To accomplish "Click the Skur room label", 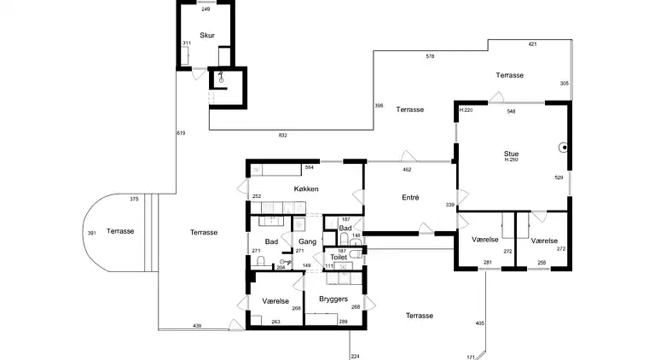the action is click(207, 36).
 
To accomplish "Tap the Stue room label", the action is click(512, 154).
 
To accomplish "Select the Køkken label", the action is click(306, 189).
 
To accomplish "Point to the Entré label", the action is click(410, 198).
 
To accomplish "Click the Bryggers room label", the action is click(333, 299).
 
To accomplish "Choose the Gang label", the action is click(307, 241).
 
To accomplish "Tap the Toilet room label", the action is click(339, 258).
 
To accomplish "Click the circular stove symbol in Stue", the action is click(565, 148).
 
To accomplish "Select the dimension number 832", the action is click(283, 136).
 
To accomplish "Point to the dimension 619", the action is click(181, 133).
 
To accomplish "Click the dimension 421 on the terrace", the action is click(532, 44).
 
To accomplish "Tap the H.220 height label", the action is click(466, 110).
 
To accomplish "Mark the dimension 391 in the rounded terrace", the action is click(92, 233).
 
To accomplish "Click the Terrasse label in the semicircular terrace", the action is click(120, 231).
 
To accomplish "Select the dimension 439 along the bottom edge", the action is click(197, 326).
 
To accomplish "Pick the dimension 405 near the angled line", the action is click(480, 323).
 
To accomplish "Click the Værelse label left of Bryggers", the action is click(275, 301).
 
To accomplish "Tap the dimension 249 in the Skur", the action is click(206, 9).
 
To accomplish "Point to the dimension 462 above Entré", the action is click(407, 170).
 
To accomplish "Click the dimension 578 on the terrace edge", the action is click(430, 56).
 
